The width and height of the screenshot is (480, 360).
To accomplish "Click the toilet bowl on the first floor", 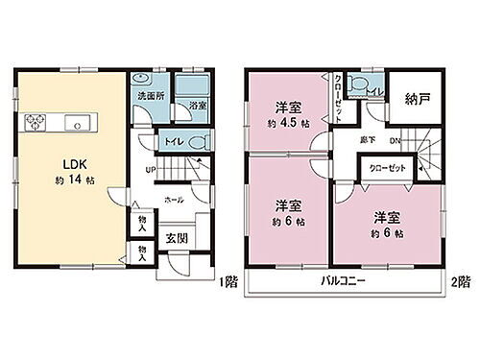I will pos(196,142).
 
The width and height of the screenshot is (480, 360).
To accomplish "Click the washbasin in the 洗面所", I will pos(140,81).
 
